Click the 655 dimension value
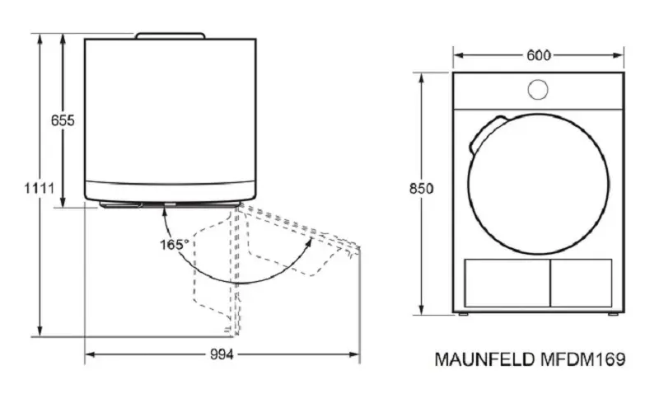[63, 120]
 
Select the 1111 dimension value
[39, 188]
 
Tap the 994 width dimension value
[222, 355]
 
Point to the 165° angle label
[174, 245]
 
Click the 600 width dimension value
[539, 55]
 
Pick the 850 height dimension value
[421, 189]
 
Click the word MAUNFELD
[484, 359]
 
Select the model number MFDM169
[582, 359]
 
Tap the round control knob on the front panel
[538, 90]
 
